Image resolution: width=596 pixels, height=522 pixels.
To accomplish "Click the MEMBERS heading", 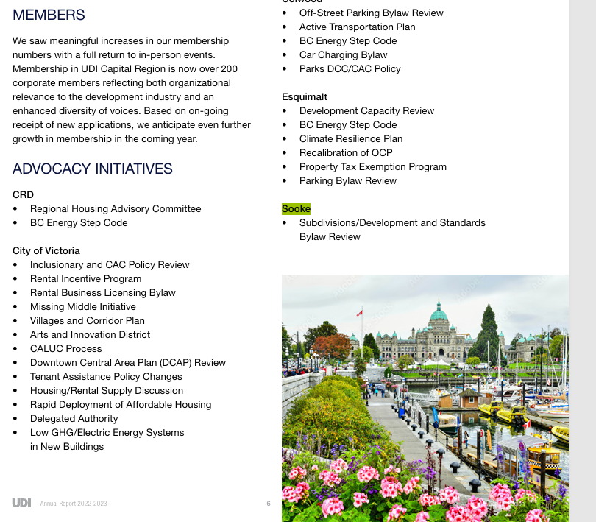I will [x=49, y=15].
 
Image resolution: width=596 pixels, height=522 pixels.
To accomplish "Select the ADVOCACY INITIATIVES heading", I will [x=93, y=169].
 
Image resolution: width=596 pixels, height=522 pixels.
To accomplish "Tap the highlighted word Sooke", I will [x=297, y=209].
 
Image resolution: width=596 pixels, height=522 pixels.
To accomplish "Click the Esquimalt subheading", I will [x=305, y=96].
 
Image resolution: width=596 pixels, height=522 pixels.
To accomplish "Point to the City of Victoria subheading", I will [x=46, y=250].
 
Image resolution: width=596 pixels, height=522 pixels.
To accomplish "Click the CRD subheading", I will [x=23, y=194].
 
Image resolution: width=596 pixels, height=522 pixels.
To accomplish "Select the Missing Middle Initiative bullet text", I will [x=83, y=306].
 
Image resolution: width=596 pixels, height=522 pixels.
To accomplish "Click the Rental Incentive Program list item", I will [x=85, y=278].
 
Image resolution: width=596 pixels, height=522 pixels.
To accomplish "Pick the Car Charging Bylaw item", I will [x=343, y=54].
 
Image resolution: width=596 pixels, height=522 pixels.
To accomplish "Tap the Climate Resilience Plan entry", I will [x=351, y=138].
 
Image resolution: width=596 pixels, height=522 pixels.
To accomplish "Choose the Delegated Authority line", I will [x=74, y=418].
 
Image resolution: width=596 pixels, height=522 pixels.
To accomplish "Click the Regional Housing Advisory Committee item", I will [x=116, y=208].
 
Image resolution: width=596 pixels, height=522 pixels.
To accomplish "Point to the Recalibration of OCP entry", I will [x=346, y=152].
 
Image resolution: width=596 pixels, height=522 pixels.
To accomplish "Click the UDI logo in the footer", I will [x=21, y=503].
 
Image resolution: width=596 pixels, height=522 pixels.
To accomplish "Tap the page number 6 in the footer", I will [x=269, y=503].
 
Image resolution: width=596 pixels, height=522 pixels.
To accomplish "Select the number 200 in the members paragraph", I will [x=229, y=68].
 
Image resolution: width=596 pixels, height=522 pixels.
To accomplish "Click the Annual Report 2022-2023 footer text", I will [x=74, y=503].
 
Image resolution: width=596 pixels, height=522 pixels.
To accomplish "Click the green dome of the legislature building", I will [x=439, y=314].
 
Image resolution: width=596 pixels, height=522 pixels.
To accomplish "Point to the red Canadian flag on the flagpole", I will [x=359, y=313].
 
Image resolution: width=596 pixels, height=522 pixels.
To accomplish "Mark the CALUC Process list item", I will [x=66, y=348].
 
